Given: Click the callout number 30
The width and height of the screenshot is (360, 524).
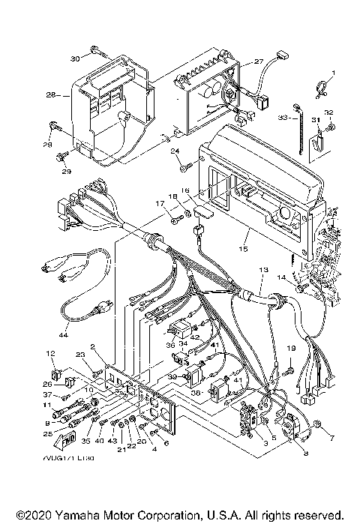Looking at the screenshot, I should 75,58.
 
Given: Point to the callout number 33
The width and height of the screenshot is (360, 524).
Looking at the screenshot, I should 283,118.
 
